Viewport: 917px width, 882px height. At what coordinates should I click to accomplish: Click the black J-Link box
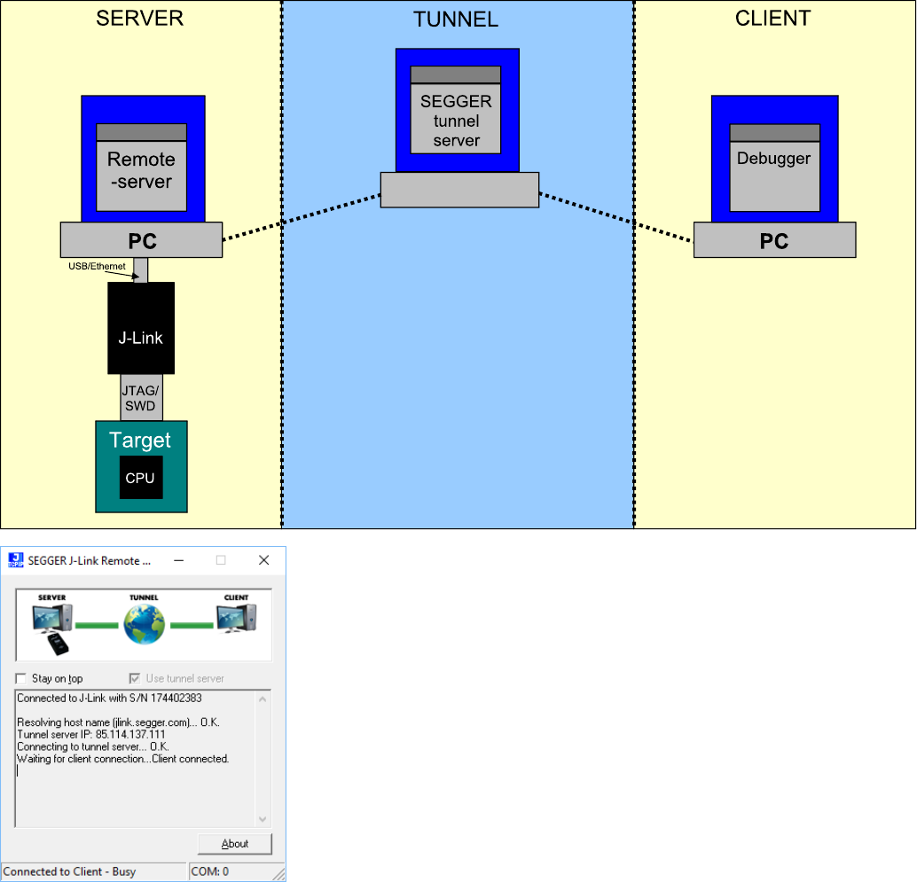140,328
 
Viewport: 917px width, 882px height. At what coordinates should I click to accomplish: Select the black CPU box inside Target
140,478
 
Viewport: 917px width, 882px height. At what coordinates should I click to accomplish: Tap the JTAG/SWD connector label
140,397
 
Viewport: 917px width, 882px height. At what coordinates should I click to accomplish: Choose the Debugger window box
774,168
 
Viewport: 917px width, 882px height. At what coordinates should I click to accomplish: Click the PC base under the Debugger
774,240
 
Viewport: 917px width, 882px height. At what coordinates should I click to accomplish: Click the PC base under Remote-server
141,240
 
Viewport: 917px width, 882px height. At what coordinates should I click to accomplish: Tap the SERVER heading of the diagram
139,19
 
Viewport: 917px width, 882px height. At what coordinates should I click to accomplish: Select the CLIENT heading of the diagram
772,19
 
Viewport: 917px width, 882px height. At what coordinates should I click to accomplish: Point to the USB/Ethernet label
98,266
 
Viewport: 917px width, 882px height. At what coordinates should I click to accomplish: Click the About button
234,844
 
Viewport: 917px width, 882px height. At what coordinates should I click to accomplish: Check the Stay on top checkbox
21,679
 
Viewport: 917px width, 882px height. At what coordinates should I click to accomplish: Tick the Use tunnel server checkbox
135,679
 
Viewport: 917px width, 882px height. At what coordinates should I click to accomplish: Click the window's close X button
263,560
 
